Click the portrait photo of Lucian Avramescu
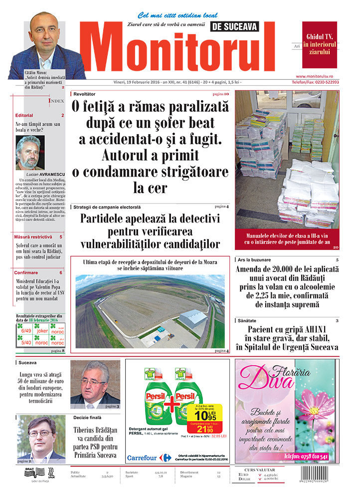coord(30,152)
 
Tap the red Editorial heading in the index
coord(24,115)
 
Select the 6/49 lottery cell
coord(25,330)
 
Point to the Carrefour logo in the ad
coord(149,457)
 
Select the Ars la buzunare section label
coord(255,260)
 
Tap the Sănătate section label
coord(248,320)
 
